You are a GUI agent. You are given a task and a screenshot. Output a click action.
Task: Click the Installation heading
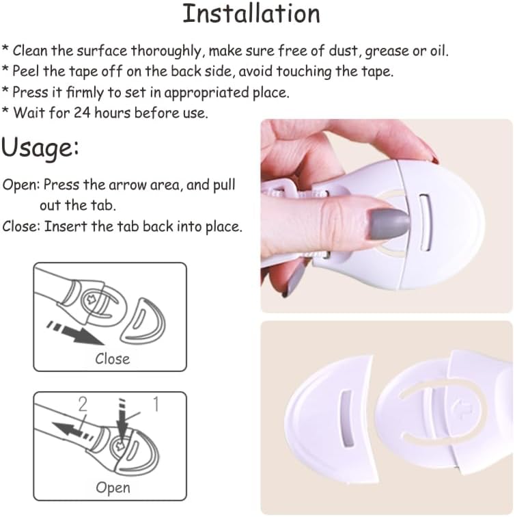coord(251,14)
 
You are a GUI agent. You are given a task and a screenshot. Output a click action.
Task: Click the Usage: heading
coord(40,148)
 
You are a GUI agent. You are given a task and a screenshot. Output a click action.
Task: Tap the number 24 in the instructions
coord(82,112)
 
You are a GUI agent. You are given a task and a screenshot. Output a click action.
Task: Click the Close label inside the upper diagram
coord(112,359)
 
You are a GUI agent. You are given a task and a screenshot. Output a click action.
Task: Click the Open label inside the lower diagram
coord(113,488)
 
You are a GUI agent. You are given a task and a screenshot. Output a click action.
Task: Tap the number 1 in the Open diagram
coord(156,404)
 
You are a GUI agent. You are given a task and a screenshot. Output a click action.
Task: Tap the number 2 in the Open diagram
coord(83,404)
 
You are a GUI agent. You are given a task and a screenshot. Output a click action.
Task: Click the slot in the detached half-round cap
coord(346,419)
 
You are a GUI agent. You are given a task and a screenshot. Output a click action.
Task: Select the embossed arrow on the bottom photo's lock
coord(462,410)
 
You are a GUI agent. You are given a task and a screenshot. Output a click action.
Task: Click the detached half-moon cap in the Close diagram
coord(143,321)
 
